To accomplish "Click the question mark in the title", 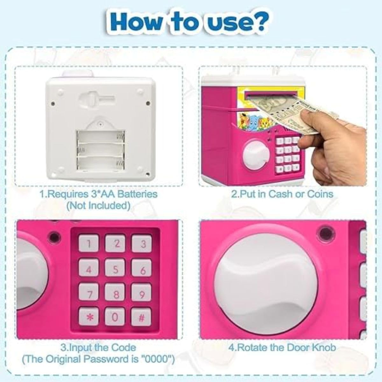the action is coord(259,24).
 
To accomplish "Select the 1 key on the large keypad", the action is coord(88,244).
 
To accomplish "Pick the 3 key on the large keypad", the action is coord(142,244).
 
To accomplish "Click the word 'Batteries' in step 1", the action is coord(138,194).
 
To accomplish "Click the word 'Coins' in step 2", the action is coord(320,194).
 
